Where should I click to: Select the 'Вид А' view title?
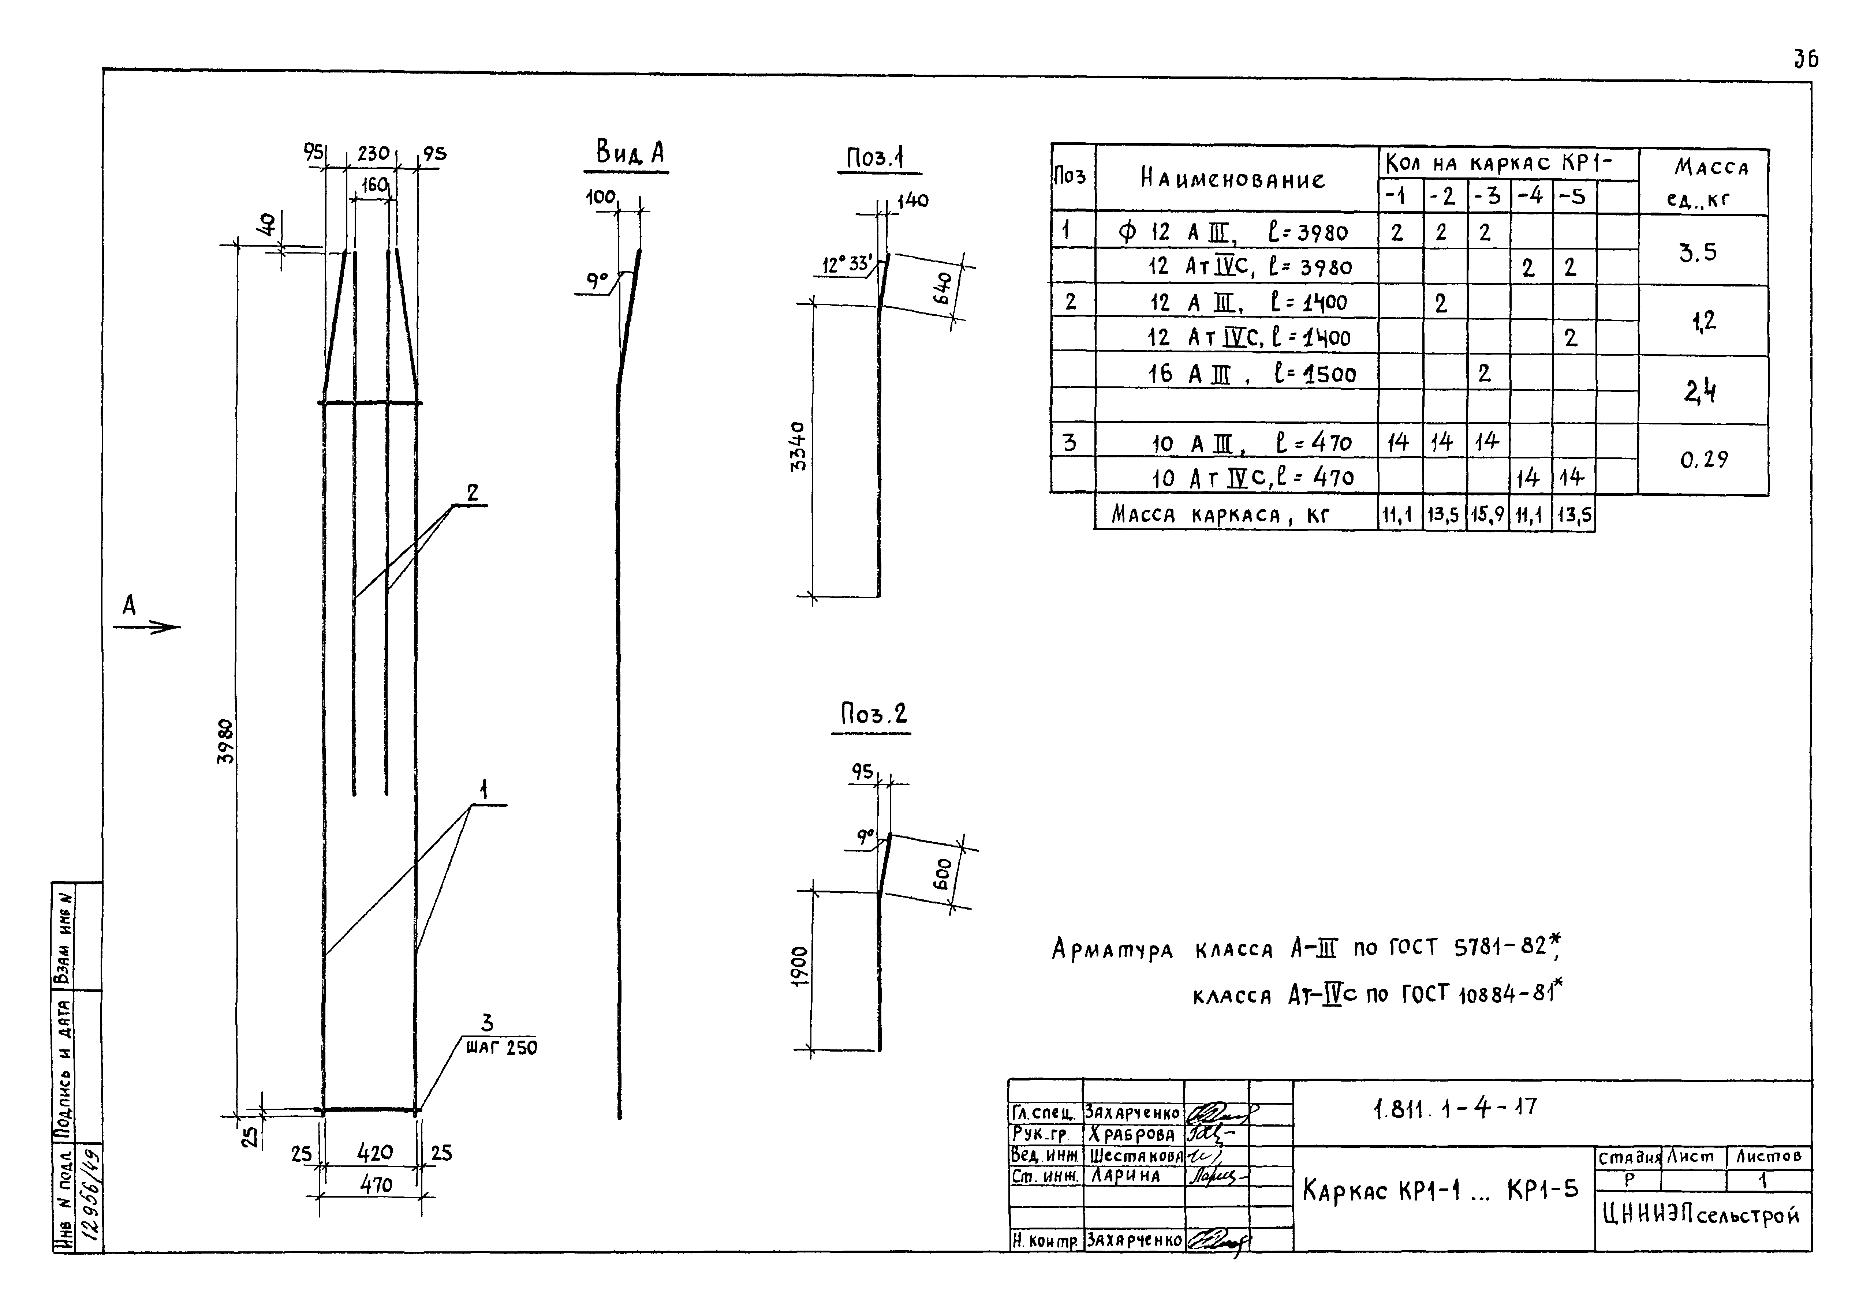629,152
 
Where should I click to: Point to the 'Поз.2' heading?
873,714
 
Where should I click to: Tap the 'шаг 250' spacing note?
501,1048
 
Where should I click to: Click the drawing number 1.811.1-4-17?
1455,1108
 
